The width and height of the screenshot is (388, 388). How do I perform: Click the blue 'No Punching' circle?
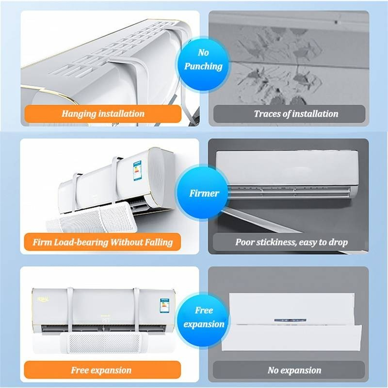[203, 59]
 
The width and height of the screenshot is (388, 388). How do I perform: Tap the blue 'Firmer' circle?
[204, 194]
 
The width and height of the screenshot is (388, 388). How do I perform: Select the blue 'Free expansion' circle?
[204, 317]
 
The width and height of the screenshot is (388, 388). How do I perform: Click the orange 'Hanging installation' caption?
[103, 114]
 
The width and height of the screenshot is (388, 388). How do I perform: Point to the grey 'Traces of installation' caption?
[289, 114]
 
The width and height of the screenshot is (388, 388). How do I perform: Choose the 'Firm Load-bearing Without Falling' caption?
[103, 242]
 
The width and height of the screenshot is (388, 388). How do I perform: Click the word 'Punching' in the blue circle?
[203, 66]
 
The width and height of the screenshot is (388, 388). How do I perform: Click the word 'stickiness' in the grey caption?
[277, 242]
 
